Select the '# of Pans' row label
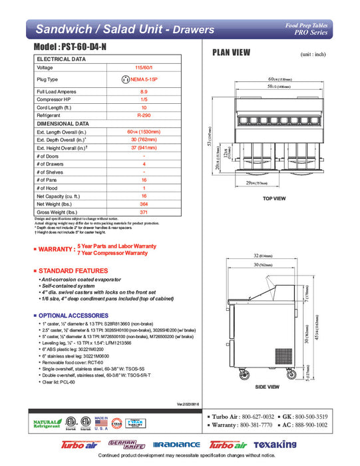point(50,180)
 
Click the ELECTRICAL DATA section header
point(61,59)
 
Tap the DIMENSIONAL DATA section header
point(63,123)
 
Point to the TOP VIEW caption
point(274,199)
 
